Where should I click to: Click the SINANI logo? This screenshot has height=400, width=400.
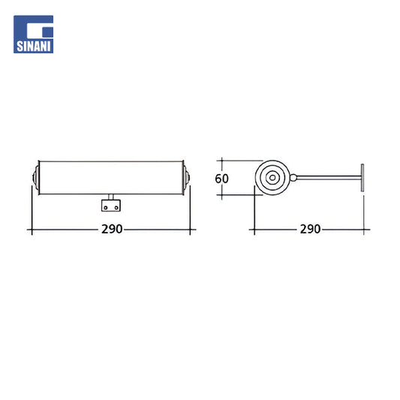pyautogui.click(x=34, y=35)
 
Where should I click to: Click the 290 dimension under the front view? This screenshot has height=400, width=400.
pyautogui.click(x=112, y=229)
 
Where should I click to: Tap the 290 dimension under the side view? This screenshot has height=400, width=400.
pyautogui.click(x=310, y=229)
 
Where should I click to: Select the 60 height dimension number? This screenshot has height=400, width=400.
pyautogui.click(x=221, y=179)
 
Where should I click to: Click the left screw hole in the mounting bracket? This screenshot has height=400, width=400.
pyautogui.click(x=106, y=208)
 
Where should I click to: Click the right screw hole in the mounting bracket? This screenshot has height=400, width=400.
pyautogui.click(x=116, y=208)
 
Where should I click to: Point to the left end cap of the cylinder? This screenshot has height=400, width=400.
pyautogui.click(x=36, y=178)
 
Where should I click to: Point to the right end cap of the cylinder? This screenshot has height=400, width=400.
pyautogui.click(x=186, y=178)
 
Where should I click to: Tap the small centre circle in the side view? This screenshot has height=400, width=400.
pyautogui.click(x=272, y=178)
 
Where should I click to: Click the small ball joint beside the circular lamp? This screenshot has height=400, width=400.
pyautogui.click(x=293, y=178)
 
